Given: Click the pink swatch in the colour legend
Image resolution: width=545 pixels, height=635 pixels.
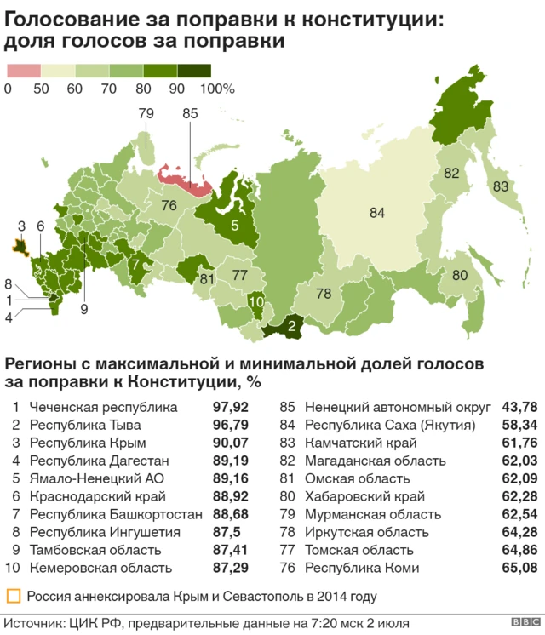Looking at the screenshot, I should click(23, 72).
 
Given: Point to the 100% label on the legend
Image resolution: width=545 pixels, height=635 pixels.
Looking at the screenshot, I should click(216, 89).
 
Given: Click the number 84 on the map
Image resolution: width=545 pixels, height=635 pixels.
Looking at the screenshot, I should click(377, 213).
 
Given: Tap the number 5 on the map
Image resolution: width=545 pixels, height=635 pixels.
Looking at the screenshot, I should click(234, 226).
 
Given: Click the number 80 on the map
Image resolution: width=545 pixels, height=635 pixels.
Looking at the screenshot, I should click(460, 275).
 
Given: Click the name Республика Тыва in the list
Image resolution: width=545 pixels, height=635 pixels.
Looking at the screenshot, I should click(85, 424).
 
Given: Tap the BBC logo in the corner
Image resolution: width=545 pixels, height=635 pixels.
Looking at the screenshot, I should click(520, 623).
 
